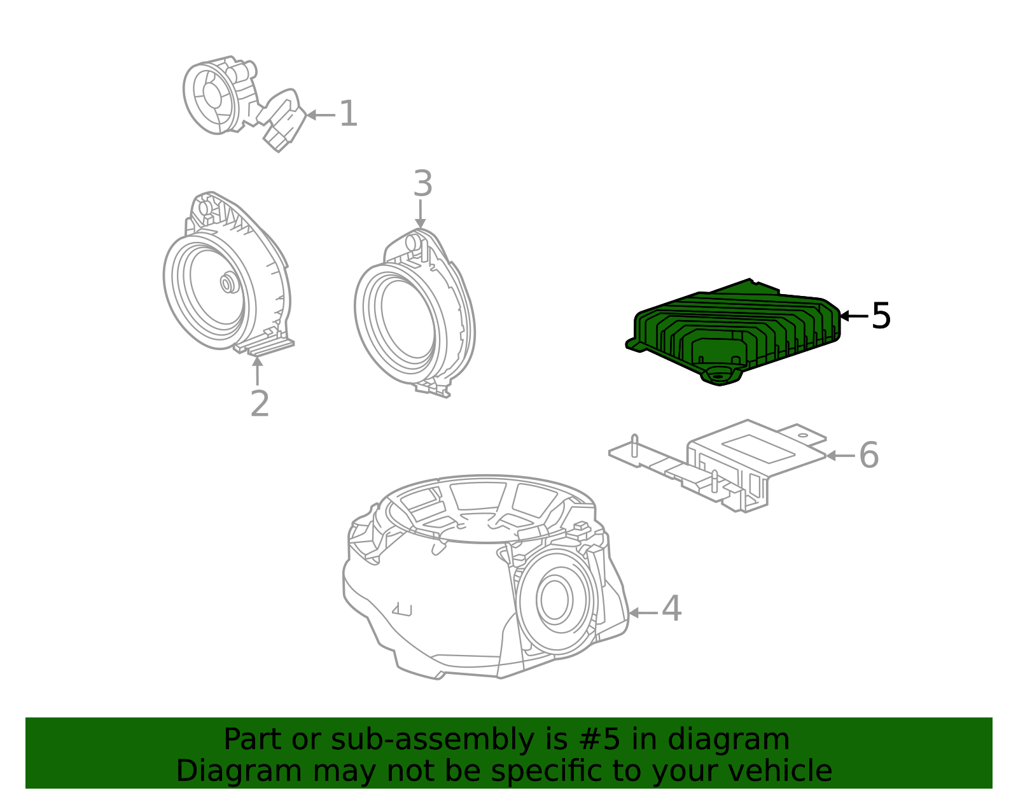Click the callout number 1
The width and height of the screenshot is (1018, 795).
(348, 114)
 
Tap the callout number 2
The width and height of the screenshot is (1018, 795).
(260, 404)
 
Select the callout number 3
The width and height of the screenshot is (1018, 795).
(422, 184)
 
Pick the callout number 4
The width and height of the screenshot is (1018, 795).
(671, 609)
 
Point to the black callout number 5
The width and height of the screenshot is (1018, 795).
(881, 316)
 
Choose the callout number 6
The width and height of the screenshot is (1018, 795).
(868, 455)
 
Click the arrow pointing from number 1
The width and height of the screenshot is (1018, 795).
(321, 115)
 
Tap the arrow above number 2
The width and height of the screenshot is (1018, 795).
(257, 370)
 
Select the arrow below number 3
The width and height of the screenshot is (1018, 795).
(420, 214)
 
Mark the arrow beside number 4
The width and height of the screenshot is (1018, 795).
(643, 613)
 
